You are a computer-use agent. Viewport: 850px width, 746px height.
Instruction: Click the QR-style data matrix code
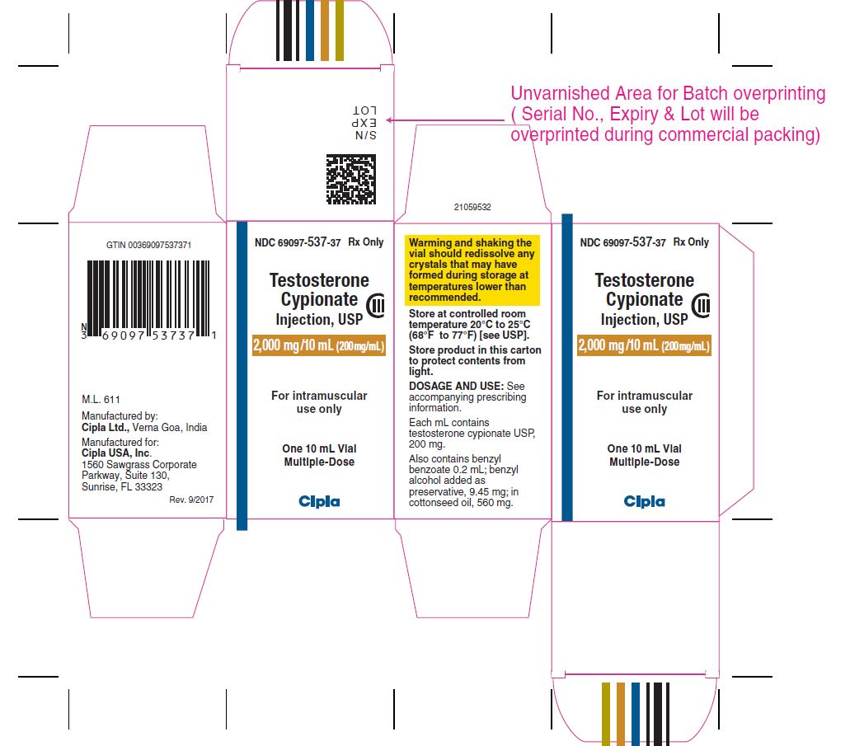350,180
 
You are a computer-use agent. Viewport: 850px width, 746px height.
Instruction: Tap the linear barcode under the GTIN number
148,299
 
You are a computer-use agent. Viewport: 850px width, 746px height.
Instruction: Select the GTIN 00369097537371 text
148,245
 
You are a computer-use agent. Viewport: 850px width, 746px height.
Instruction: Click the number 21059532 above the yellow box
472,207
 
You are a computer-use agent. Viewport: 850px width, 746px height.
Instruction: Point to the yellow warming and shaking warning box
472,270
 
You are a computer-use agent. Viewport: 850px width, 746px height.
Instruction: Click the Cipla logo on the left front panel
319,501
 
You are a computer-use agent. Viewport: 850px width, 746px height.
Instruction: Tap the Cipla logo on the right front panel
644,501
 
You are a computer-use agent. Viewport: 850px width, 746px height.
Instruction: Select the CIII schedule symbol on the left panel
376,306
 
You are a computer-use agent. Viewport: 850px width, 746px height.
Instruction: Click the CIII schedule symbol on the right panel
701,306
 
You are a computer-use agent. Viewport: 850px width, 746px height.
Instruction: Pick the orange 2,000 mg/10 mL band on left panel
319,345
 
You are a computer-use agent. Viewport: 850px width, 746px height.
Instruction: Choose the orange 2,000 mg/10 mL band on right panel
644,345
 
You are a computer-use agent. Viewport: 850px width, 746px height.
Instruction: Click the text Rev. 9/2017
191,500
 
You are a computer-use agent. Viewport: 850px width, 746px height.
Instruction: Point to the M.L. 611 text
101,400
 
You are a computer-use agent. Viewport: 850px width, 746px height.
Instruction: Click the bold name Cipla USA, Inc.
116,453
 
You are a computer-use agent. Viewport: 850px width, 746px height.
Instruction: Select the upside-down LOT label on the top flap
364,110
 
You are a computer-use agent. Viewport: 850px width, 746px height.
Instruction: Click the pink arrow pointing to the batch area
445,120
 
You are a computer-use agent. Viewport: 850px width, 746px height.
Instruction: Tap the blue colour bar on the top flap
309,30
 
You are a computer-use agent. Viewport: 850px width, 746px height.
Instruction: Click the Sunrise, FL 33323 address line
122,487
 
